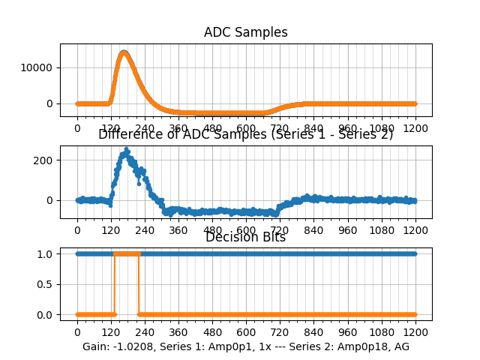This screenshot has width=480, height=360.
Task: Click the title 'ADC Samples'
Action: coord(246,32)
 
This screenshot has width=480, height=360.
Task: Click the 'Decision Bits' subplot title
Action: coord(246,237)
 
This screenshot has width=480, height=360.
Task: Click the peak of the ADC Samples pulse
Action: coord(124,52)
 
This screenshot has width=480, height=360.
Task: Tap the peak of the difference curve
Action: coord(127,152)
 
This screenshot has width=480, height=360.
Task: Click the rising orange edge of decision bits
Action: coord(114,284)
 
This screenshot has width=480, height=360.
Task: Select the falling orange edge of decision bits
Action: coord(139,284)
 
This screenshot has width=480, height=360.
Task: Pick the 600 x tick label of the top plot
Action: coord(246,128)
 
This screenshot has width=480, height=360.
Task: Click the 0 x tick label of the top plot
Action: coord(76,128)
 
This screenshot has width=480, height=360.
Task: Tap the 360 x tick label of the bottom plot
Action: coord(178,332)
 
